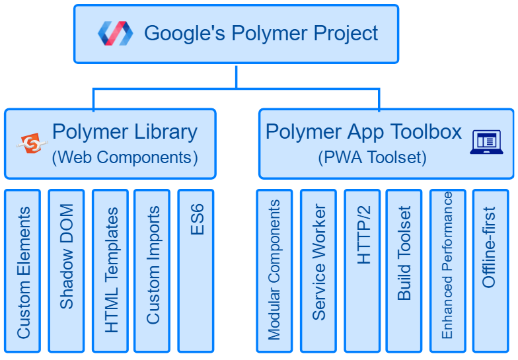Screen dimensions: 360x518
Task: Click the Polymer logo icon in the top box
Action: [x=116, y=33]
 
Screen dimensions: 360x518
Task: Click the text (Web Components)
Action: [x=125, y=158]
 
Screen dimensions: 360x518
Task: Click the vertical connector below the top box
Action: [x=236, y=76]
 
